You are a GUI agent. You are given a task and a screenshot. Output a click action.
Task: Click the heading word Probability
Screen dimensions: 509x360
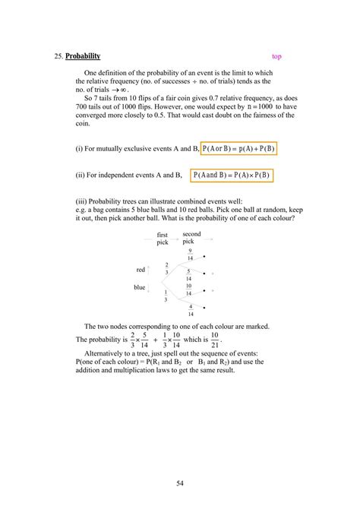[x=83, y=56]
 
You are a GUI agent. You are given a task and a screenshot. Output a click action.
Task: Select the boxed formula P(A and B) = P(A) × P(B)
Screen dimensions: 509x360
[x=232, y=175]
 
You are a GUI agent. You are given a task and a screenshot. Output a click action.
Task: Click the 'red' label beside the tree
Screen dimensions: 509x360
[x=140, y=270]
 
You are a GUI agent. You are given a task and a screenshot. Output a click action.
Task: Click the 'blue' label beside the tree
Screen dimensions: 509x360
[x=139, y=287]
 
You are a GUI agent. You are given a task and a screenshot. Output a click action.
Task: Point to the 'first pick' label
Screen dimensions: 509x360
[x=163, y=239]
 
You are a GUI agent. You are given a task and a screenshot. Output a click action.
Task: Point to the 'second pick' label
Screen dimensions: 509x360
[x=191, y=237]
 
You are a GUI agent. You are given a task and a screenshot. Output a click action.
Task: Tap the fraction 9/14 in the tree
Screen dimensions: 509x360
[x=191, y=254]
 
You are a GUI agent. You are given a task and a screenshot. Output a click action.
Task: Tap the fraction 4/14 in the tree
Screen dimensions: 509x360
[x=191, y=309]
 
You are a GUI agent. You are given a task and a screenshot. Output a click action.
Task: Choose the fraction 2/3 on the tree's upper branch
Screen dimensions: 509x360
[x=166, y=268]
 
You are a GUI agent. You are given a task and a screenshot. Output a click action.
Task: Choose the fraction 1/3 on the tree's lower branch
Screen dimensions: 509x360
[x=166, y=296]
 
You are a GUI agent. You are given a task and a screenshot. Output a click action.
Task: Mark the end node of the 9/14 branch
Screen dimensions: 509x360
[x=205, y=258]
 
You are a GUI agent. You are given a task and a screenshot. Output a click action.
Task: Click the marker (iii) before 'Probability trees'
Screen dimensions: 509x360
[x=83, y=203]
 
